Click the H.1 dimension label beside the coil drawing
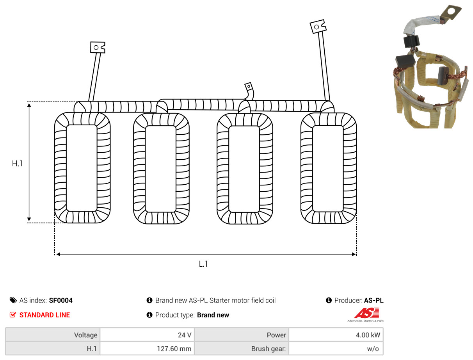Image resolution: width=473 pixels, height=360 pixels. pos(17,164)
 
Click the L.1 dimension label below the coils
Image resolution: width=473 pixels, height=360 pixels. pos(203,264)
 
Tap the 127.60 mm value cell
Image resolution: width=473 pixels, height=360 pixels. pos(147,348)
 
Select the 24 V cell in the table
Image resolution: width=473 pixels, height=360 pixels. pos(147,335)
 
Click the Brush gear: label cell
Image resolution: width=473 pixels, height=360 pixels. pos(242,348)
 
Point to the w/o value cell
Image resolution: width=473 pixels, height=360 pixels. pos(336,348)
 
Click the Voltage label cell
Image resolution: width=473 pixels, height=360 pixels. pos(53,335)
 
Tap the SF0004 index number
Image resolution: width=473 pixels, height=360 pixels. pos(61,300)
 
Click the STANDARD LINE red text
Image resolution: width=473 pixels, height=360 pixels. pos(44,315)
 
